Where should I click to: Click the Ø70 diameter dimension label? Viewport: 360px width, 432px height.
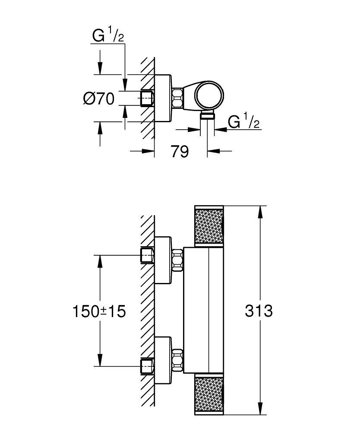tap(98, 99)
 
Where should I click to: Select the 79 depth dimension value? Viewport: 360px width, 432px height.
tap(179, 151)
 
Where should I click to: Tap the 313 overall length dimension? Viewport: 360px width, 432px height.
tap(259, 311)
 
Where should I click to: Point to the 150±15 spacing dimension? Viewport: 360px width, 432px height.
tap(98, 311)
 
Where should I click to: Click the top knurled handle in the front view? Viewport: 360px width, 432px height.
tap(210, 226)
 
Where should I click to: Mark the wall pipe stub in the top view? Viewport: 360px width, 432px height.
tap(147, 98)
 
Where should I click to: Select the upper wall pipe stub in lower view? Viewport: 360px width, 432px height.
tap(147, 255)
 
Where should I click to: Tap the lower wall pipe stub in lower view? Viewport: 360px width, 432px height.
tap(147, 366)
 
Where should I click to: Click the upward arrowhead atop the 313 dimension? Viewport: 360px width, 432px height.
tap(260, 212)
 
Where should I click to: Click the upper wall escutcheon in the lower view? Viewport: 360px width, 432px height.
tap(163, 260)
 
